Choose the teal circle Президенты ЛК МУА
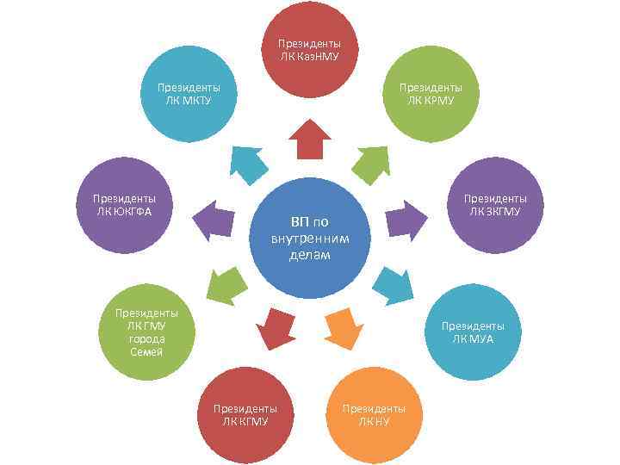[x=473, y=332]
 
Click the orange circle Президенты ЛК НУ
[x=375, y=413]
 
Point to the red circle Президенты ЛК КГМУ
[x=245, y=413]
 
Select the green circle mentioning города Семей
[x=147, y=332]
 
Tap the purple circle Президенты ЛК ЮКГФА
[x=124, y=205]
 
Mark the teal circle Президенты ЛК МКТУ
[x=188, y=93]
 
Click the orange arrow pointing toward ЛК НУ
[x=341, y=325]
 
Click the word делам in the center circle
[x=309, y=256]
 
